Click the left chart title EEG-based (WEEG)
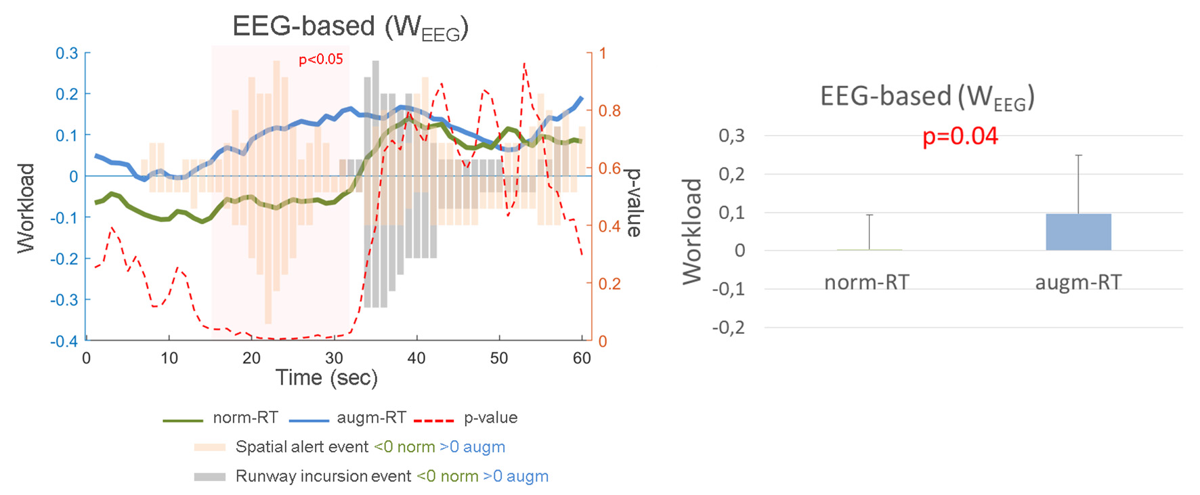(x=350, y=27)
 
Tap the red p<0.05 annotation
(x=321, y=60)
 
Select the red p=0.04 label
(x=960, y=136)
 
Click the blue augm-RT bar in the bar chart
(x=1078, y=232)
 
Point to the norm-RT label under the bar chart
(x=866, y=282)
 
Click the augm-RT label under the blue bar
(x=1078, y=282)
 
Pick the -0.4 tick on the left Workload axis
(x=64, y=341)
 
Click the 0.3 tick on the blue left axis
(x=66, y=53)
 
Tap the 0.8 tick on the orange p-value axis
(x=609, y=110)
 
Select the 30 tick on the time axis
(x=334, y=358)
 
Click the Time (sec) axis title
(x=326, y=378)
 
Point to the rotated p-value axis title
(x=634, y=203)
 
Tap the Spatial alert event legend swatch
(x=209, y=447)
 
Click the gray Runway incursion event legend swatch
(x=209, y=477)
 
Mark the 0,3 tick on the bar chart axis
(x=731, y=135)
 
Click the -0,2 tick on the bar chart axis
(x=729, y=328)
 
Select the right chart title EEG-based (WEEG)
(x=926, y=97)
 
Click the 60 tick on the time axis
(x=582, y=358)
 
